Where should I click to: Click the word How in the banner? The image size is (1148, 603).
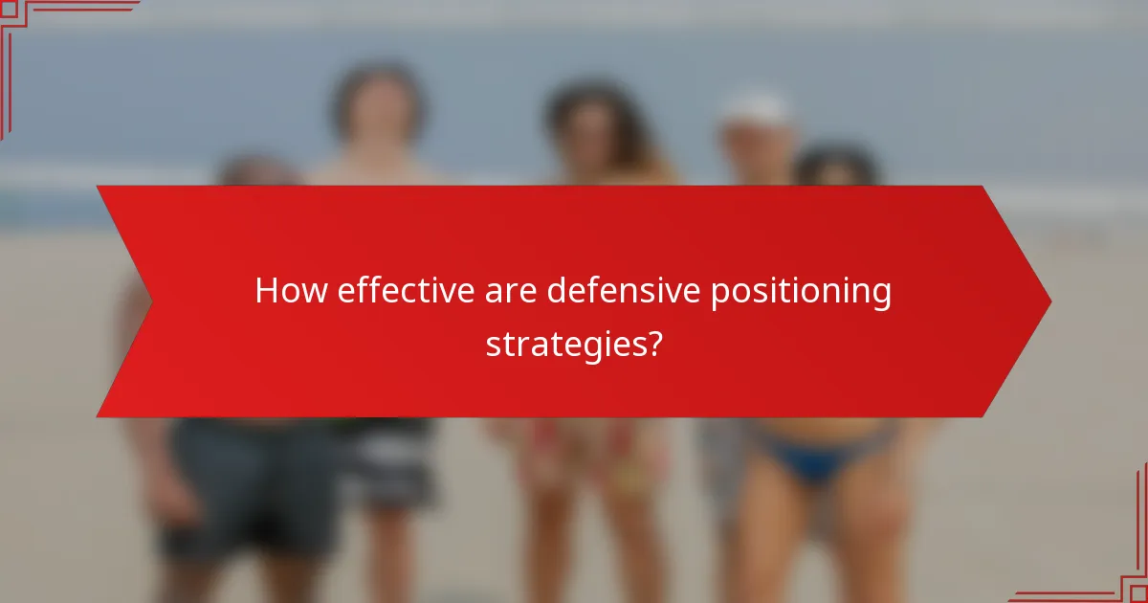[290, 292]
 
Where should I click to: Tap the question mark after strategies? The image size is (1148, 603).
[653, 343]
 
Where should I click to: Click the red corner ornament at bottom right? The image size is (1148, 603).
[1110, 565]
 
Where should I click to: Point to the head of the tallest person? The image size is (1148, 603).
[378, 105]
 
